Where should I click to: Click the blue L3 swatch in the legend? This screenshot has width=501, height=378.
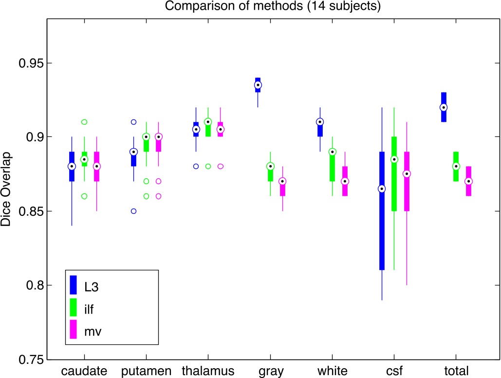[74, 285]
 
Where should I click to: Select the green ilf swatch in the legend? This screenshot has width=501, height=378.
[74, 307]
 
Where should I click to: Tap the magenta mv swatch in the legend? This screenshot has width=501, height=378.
[74, 330]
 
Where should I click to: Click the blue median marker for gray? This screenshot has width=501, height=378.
[258, 85]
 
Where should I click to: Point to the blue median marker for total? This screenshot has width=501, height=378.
[444, 107]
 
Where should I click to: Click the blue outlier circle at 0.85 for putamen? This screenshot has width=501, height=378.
[134, 211]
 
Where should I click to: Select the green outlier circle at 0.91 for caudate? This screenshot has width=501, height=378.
[84, 122]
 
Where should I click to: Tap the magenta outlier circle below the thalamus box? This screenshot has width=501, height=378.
[221, 166]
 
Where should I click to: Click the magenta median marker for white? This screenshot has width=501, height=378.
[345, 181]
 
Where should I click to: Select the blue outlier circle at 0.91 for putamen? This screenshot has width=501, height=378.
[134, 122]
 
